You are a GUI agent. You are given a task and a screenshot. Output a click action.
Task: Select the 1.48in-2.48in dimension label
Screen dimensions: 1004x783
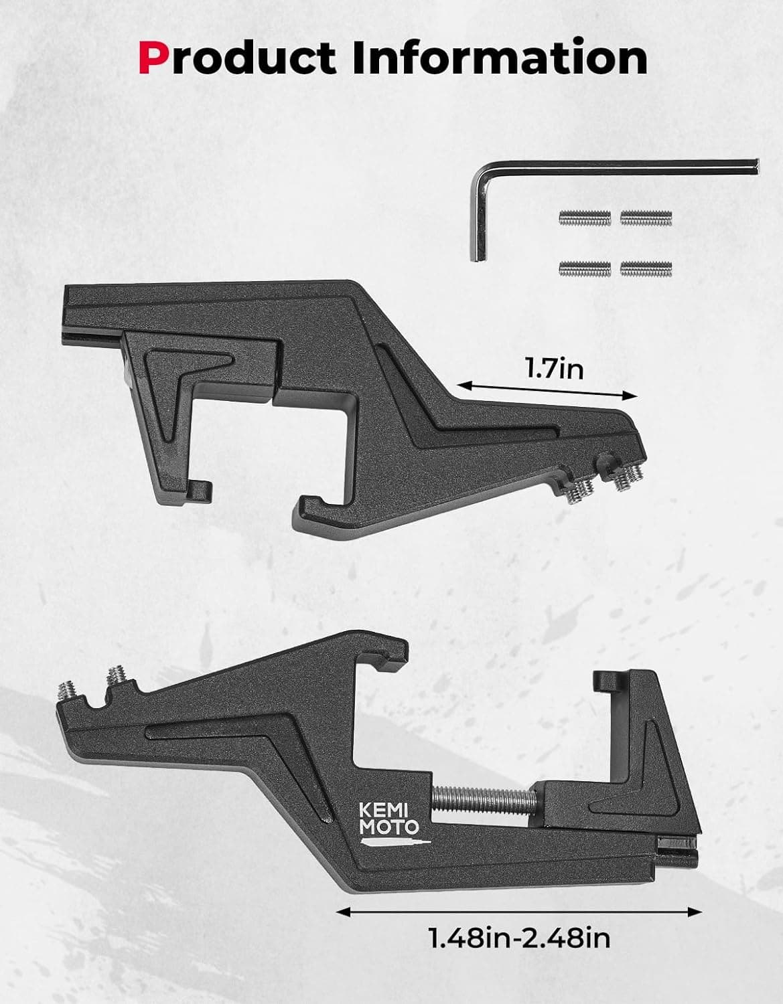519,938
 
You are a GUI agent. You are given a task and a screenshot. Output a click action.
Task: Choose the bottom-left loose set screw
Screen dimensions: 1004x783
585,268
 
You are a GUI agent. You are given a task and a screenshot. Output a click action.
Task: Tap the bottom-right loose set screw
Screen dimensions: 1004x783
646,268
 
